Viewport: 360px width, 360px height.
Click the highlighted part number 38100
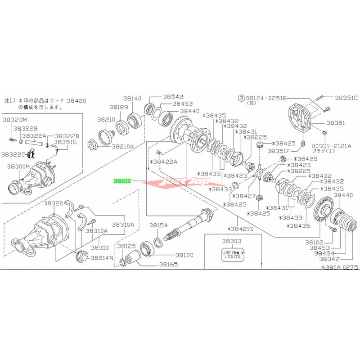point(122,180)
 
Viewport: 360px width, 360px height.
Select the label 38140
point(133,98)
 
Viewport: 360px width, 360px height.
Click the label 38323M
point(15,120)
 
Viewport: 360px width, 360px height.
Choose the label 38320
point(53,203)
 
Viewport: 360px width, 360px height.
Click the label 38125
point(126,246)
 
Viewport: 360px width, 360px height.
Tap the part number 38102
point(314,242)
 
